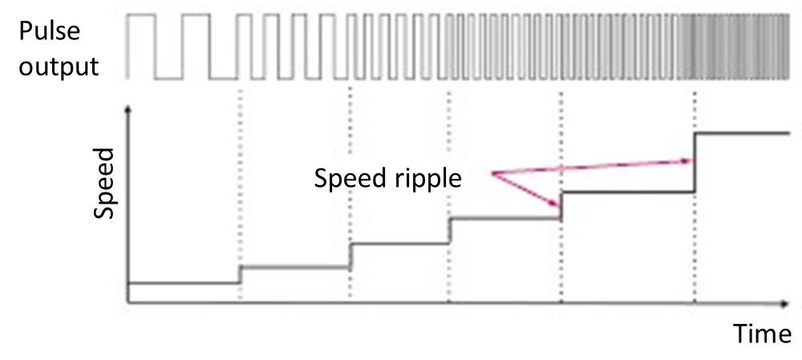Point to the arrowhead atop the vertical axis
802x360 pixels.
click(128, 108)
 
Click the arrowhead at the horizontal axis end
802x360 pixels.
click(784, 304)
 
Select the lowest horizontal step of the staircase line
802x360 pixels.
click(184, 283)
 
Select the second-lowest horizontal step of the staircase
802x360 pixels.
click(295, 267)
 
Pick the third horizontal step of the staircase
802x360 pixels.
click(399, 244)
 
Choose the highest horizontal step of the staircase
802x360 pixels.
click(742, 132)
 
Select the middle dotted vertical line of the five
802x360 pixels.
click(448, 160)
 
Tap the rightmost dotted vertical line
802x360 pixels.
click(695, 104)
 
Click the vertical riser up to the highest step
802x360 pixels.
click(695, 162)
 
